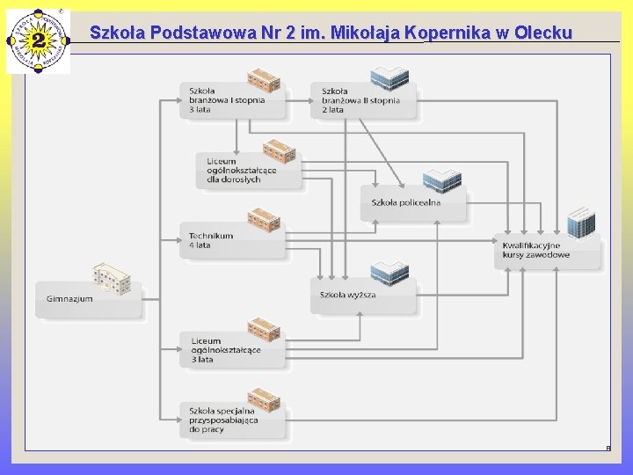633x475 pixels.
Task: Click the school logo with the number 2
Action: coord(38,40)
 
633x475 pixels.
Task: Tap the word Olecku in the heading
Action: coord(543,33)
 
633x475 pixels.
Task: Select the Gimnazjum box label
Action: coord(70,299)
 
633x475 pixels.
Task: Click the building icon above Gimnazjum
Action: coord(112,277)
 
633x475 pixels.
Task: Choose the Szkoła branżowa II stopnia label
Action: coord(360,100)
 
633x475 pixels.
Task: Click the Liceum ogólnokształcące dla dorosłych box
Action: coord(242,171)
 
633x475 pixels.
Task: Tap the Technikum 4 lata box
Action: coord(211,240)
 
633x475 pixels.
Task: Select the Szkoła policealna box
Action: coord(406,203)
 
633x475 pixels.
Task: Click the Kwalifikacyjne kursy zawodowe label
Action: coord(536,251)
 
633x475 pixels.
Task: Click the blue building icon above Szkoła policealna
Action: coord(441,180)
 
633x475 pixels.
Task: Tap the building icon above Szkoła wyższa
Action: coord(389,273)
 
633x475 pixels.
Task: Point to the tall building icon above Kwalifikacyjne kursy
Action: coord(580,223)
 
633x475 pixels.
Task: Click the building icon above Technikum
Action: coord(264,219)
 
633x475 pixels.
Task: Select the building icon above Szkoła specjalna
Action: coord(264,399)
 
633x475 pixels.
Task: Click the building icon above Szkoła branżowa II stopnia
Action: coord(389,78)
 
